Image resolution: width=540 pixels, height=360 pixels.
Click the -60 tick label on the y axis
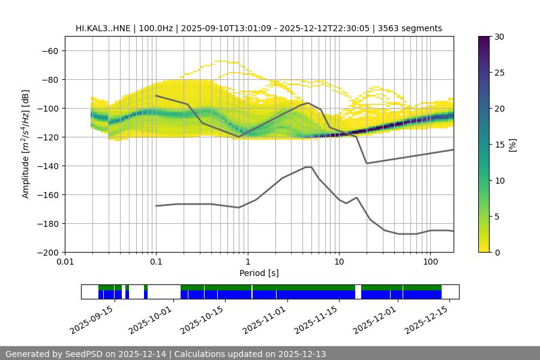pos(49,50)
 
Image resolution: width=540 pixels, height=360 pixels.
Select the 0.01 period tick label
pos(65,262)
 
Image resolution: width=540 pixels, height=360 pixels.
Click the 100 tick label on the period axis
pos(430,262)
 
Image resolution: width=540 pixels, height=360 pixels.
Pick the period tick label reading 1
pos(247,262)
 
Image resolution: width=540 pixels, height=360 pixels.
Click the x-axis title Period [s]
pos(259,273)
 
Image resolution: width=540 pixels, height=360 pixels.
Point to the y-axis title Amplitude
pos(26,144)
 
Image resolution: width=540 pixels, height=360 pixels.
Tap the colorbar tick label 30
pos(499,37)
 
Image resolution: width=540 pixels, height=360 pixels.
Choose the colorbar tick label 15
pos(499,145)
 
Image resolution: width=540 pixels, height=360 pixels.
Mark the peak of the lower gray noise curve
pos(308,167)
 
